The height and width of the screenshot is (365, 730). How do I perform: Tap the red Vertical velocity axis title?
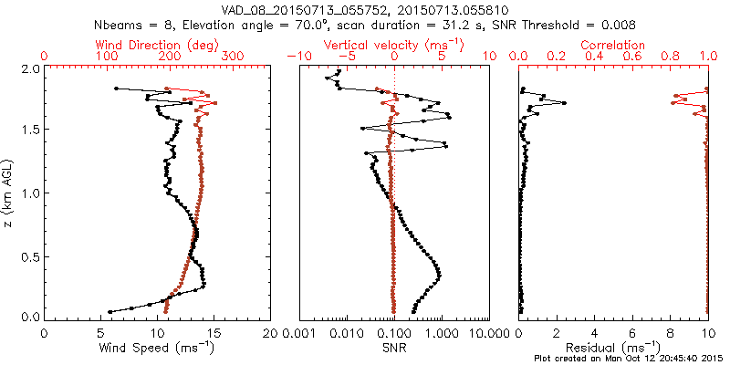[x=394, y=45]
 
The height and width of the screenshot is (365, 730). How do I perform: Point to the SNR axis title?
[x=393, y=347]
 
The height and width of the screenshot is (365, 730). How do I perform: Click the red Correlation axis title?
[x=613, y=45]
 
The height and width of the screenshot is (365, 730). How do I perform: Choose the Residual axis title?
[x=613, y=347]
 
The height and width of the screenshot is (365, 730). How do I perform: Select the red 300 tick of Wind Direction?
[x=233, y=57]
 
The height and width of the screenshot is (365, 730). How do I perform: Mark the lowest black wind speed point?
[x=110, y=311]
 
